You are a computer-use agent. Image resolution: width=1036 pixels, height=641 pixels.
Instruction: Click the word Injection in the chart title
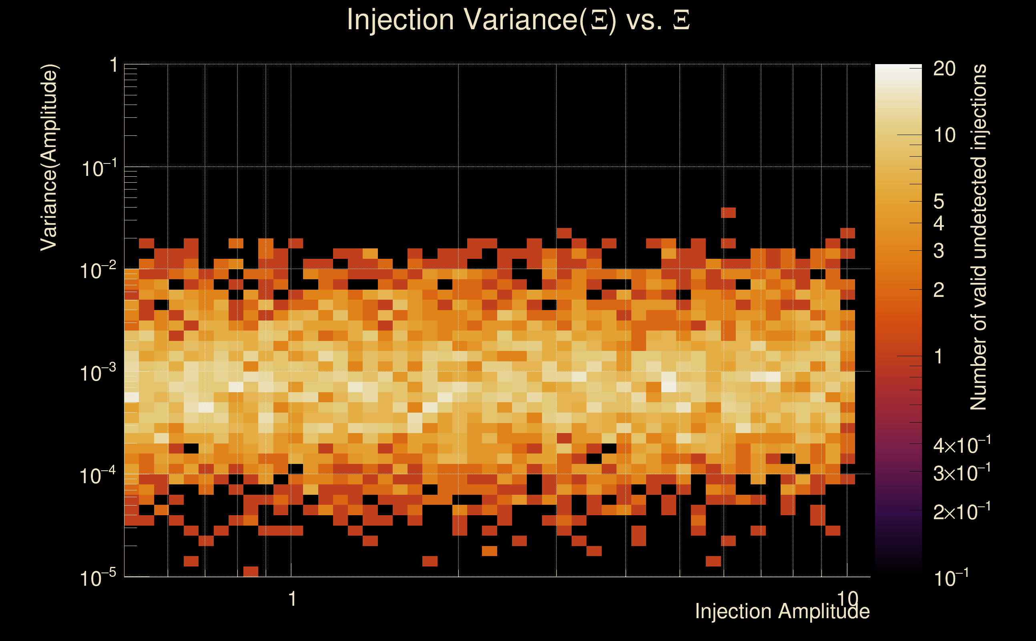tap(400, 20)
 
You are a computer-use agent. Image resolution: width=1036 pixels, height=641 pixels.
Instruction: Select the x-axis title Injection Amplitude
tap(782, 611)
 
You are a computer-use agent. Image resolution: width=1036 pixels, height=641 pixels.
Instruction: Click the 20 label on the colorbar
tap(944, 69)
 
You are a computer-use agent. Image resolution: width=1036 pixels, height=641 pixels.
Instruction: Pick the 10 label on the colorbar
tap(944, 136)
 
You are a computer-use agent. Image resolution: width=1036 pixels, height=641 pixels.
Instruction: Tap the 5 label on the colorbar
tap(939, 202)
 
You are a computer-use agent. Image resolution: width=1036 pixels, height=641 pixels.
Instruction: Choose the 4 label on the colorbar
tap(939, 224)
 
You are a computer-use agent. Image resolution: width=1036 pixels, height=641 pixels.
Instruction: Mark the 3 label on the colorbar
tap(939, 251)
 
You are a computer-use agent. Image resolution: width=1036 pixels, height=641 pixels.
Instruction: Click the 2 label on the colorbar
tap(939, 290)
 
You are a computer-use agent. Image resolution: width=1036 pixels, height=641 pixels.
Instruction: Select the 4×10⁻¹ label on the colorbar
tap(962, 445)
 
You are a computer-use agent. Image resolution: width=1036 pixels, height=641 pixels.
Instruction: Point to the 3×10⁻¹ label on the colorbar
tap(962, 473)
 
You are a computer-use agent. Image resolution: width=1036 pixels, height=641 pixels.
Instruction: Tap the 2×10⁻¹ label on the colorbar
tap(962, 512)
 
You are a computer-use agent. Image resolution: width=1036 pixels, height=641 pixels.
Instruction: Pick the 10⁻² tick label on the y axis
tap(98, 270)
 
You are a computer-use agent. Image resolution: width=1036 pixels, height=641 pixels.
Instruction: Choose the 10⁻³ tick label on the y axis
tap(98, 373)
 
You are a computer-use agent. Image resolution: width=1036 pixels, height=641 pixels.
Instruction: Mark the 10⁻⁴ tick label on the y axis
tap(98, 476)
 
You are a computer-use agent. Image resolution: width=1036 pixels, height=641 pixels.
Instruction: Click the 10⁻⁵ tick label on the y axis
tap(98, 578)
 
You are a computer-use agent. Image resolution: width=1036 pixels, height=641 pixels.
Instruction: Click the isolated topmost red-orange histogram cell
tap(728, 212)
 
